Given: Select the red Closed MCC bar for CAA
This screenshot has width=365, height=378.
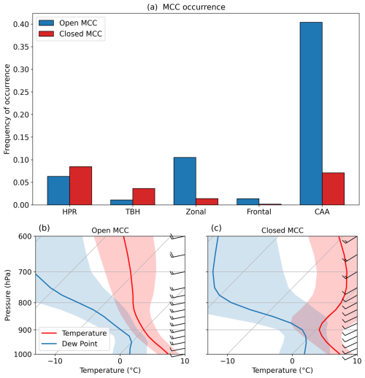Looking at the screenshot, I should click(x=333, y=189).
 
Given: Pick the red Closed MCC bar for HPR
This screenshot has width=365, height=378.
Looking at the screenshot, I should click(x=80, y=186).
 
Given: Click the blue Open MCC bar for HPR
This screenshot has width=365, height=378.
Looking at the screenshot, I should click(x=58, y=190).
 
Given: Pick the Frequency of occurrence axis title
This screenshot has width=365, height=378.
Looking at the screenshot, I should click(x=7, y=109).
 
